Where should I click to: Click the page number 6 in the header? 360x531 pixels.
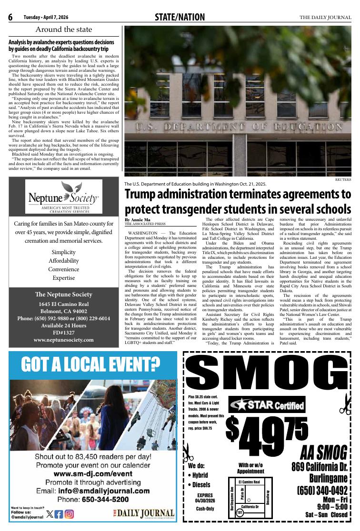(x=10, y=18)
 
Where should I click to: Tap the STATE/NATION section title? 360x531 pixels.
(x=180, y=18)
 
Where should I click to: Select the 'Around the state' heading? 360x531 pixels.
(x=64, y=29)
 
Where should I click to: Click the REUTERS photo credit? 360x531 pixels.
(x=343, y=180)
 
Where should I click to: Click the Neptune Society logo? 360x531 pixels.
(x=64, y=197)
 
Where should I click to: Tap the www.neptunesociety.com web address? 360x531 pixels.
(x=63, y=340)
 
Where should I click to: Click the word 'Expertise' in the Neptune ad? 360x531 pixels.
(x=64, y=278)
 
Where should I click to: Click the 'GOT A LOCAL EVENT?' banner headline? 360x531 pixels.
(x=90, y=364)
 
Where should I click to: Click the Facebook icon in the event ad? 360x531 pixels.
(x=59, y=514)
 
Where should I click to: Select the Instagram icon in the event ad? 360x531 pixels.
(x=70, y=514)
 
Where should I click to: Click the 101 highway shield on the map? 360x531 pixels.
(x=240, y=512)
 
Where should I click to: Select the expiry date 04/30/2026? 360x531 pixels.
(x=205, y=501)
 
